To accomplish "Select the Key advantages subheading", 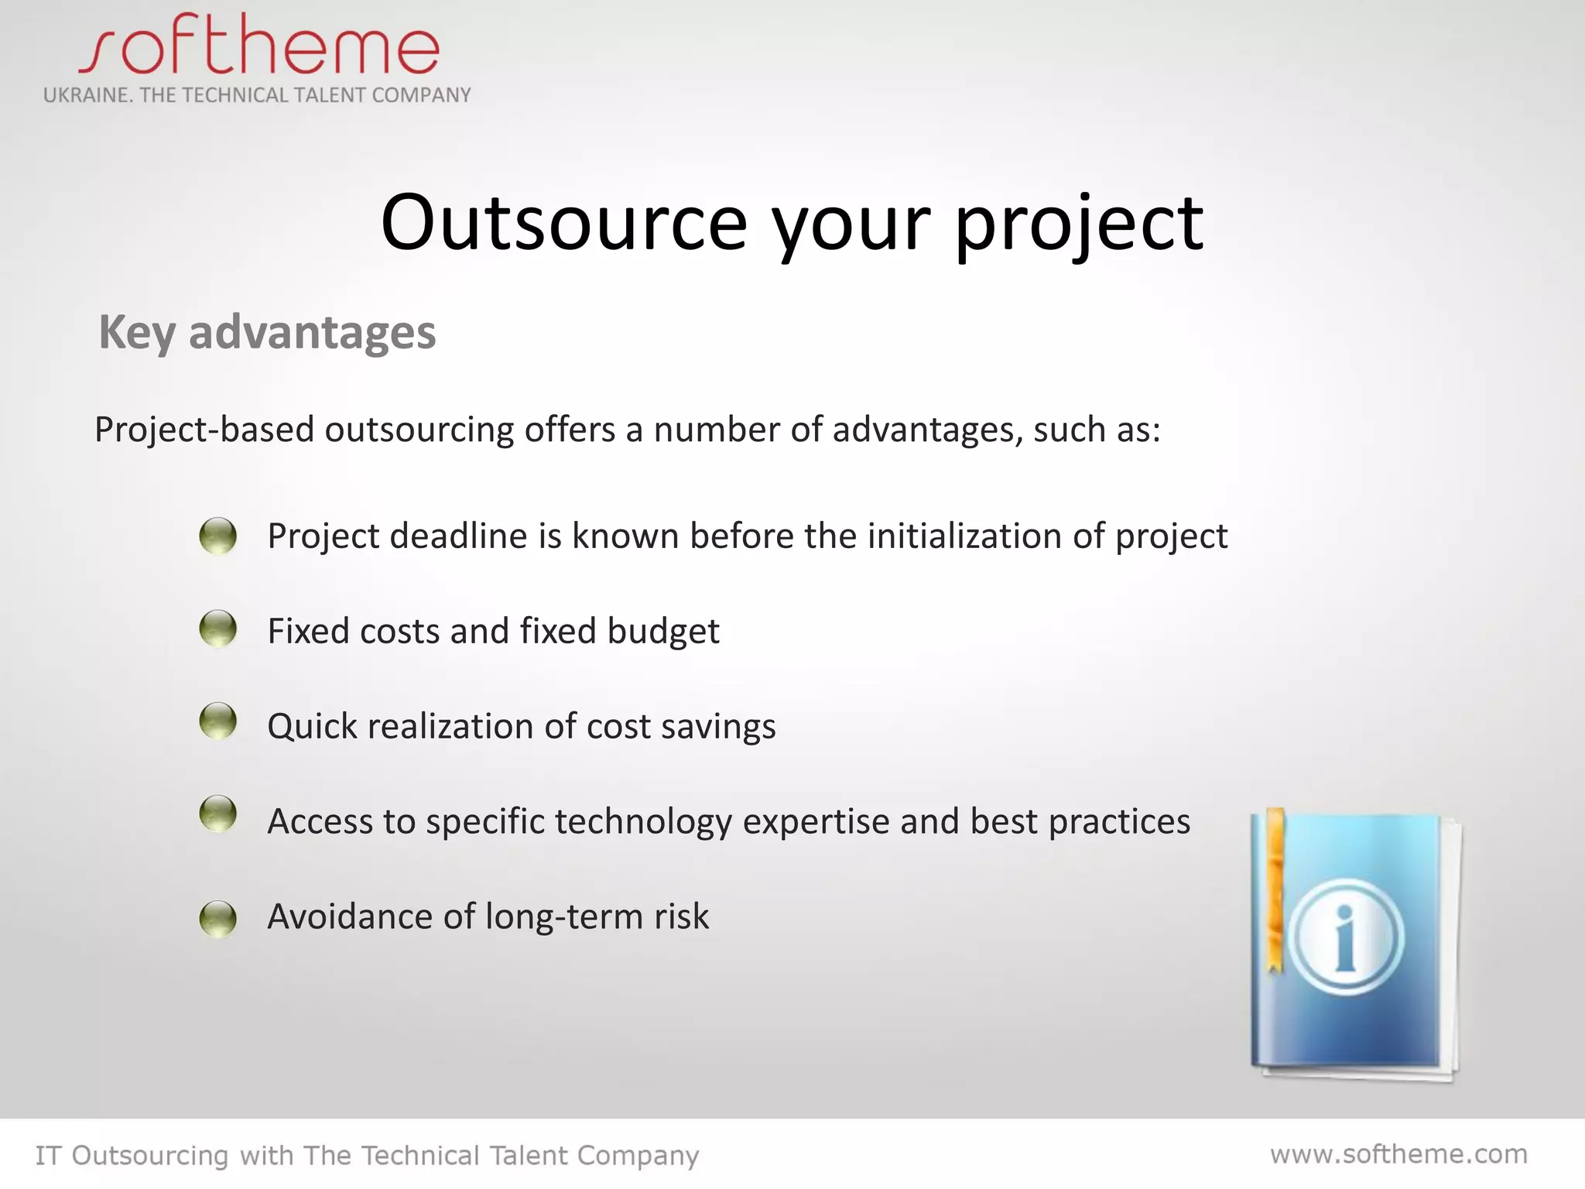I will click(x=267, y=332).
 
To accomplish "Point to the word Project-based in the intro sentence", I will click(x=204, y=430).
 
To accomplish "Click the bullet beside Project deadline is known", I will click(x=217, y=535).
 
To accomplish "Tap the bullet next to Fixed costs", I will click(x=217, y=628).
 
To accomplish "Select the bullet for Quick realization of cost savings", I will click(x=217, y=721).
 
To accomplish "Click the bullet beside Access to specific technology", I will click(x=217, y=814).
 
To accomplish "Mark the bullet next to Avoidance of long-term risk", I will click(x=217, y=918).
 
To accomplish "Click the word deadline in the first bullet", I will click(x=458, y=536).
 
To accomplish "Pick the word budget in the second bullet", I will click(x=663, y=632).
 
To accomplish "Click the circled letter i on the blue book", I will click(x=1347, y=937).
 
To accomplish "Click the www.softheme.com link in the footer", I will click(x=1398, y=1154).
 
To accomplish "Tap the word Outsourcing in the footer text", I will click(x=150, y=1156).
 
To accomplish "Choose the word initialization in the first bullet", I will click(x=964, y=536).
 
